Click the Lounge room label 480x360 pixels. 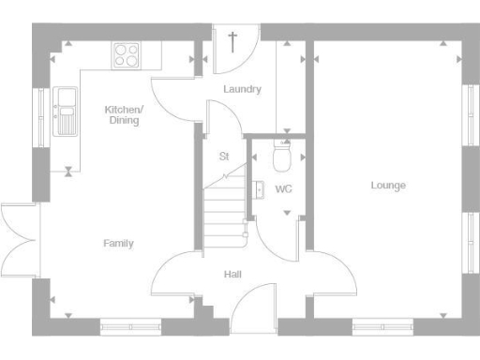point(388,186)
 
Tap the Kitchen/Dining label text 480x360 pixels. point(124,114)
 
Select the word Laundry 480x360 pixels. point(242,90)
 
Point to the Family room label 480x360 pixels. point(118,244)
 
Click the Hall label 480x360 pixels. point(232,275)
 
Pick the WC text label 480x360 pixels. point(283,189)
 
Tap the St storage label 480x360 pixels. point(223,157)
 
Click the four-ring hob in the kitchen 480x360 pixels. point(127,55)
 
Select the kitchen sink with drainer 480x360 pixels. point(67,111)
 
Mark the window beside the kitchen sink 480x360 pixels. point(40,113)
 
